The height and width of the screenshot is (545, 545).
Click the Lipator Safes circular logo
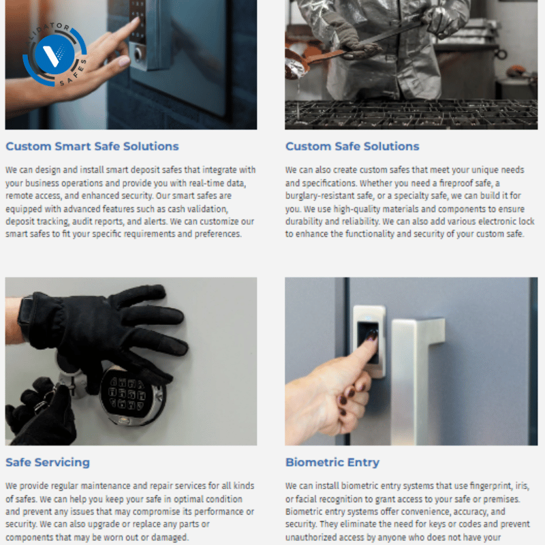54,56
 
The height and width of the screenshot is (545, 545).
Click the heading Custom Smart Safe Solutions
92,146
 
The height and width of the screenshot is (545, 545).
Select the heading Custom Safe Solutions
352,146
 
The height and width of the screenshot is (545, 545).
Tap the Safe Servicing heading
48,462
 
